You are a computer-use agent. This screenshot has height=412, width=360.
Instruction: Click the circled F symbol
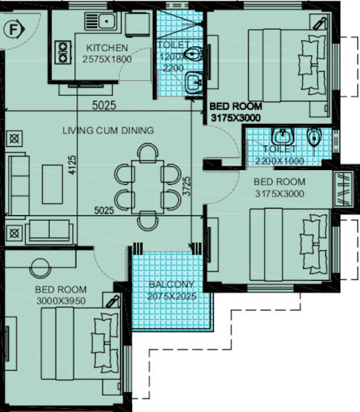[12, 30]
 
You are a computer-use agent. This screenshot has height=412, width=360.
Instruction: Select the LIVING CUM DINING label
[108, 131]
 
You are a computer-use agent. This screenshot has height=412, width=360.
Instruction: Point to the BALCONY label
[171, 284]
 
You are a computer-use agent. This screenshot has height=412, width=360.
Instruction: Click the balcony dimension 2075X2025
[171, 295]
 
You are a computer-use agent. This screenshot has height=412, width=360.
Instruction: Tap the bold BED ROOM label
[234, 106]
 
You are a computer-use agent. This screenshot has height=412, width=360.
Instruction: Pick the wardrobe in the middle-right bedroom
[344, 188]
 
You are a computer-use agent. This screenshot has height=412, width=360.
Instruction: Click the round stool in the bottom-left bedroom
[39, 264]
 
